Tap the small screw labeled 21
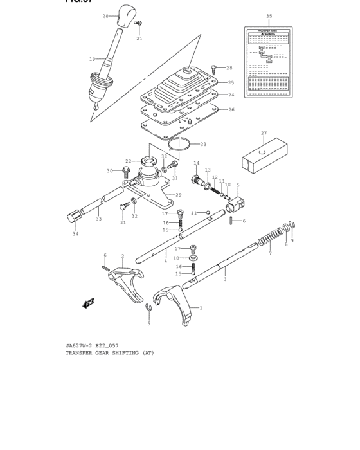(139, 24)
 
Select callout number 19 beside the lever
(92, 59)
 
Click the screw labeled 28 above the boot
(215, 67)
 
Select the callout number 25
(231, 83)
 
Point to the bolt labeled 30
(127, 170)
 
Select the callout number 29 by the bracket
(178, 195)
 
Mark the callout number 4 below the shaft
(165, 261)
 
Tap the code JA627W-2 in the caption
(80, 345)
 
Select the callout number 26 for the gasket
(231, 109)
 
